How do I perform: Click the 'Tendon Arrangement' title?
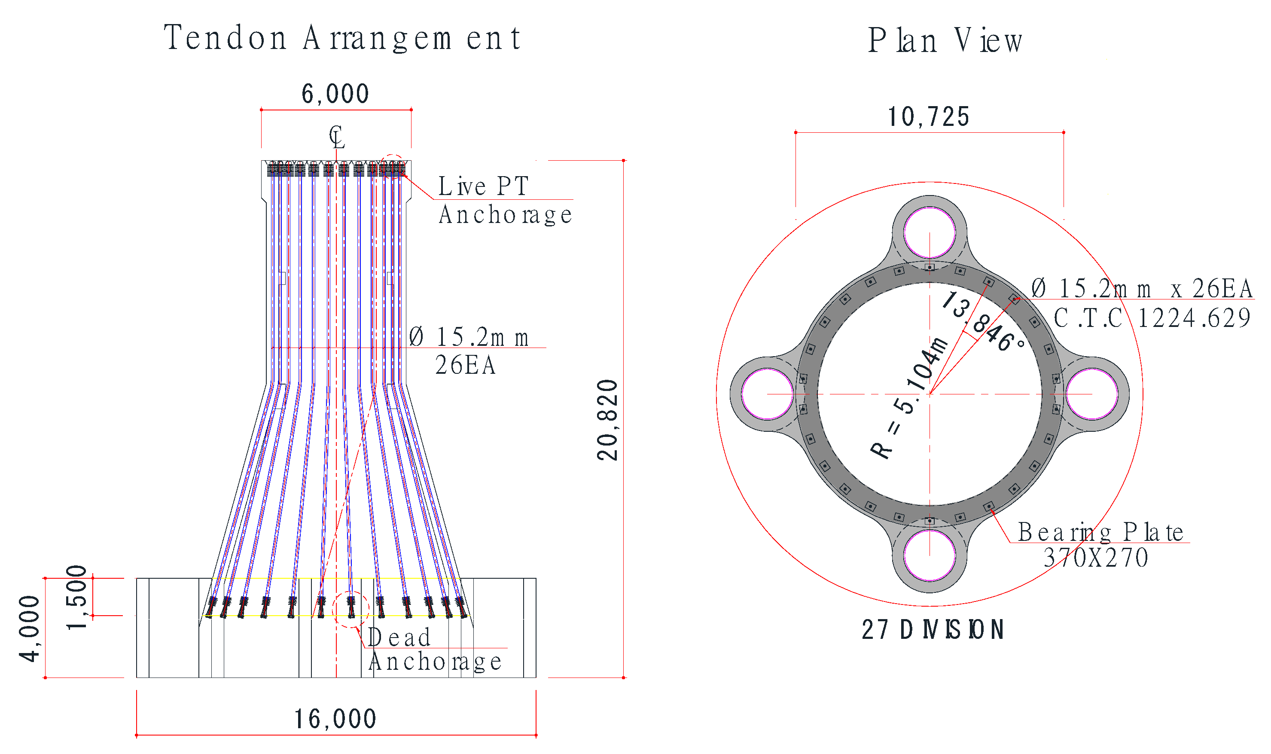point(342,38)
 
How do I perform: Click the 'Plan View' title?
point(945,41)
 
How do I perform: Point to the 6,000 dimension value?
point(335,94)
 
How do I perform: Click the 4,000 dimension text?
point(30,629)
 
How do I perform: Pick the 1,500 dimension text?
point(78,598)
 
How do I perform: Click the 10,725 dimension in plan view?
point(929,117)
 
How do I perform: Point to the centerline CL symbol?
point(336,137)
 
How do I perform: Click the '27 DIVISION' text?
point(933,630)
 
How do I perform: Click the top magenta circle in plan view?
point(930,233)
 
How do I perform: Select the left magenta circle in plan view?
point(767,394)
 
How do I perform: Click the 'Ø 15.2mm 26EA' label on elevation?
point(470,351)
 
